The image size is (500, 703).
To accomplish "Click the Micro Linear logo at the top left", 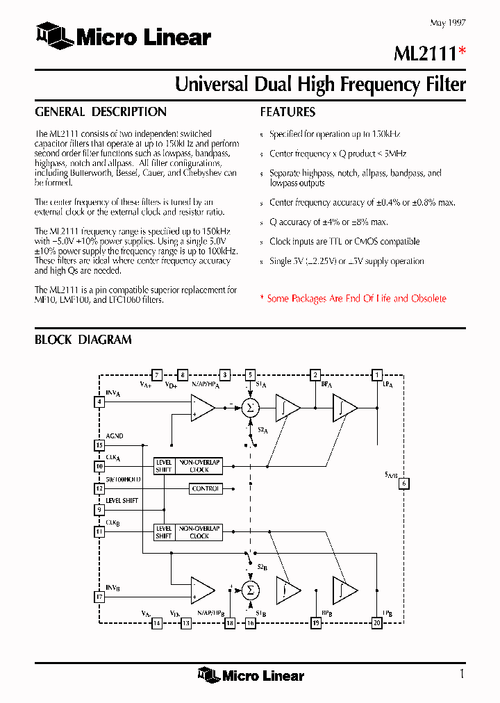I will pos(124,35).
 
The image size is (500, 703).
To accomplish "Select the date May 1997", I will pos(447,23).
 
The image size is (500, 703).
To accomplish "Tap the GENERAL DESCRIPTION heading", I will pos(101,112).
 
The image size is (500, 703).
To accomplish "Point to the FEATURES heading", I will pos(287,112).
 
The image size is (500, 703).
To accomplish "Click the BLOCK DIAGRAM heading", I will pos(83,340).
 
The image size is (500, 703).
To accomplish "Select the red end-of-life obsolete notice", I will pos(353,299).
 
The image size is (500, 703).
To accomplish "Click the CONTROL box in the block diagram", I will pos(206,488).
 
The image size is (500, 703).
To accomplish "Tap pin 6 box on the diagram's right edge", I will pos(404,483).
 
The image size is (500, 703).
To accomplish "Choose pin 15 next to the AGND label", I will pos(99,446).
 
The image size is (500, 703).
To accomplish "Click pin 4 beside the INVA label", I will pos(99,402).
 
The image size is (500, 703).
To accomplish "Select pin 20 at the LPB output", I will pos(377,623).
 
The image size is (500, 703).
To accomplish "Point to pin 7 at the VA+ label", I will pos(157,374).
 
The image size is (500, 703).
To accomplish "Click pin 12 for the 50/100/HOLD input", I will pos(99,488).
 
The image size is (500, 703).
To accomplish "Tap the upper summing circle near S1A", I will pos(249,407).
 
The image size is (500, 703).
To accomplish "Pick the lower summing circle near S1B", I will pos(249,590).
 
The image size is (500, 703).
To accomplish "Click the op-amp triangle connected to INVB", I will pos(202,590).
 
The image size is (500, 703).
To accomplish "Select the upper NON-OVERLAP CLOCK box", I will pos(199,465).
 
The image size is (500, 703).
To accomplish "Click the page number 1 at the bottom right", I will pos(462,673).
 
